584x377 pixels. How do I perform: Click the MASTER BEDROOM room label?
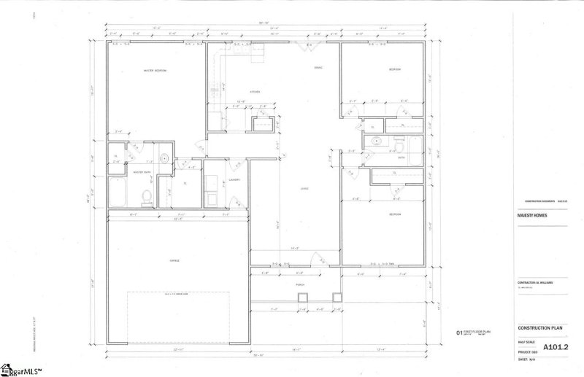pos(155,71)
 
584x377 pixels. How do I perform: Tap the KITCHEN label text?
pos(255,92)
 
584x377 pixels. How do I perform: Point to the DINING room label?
pos(318,68)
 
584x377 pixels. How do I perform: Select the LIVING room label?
pos(305,189)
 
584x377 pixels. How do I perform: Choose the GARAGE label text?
pos(176,260)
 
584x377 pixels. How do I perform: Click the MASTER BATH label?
pos(142,173)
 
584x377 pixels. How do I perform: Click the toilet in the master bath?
pos(146,195)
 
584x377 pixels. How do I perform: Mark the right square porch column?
pos(337,297)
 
